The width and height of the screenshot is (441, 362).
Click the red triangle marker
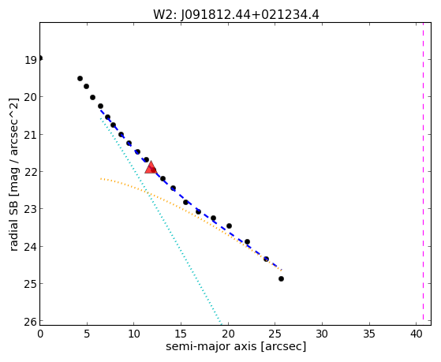[151, 167]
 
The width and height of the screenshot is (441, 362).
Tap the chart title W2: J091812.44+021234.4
[236, 15]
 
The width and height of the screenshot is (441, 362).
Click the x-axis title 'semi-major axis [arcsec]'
[236, 346]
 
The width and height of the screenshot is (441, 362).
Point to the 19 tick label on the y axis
[31, 60]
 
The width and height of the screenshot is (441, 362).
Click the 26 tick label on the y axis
[31, 322]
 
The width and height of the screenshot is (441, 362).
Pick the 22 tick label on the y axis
[31, 172]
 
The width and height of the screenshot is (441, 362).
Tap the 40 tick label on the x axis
[417, 334]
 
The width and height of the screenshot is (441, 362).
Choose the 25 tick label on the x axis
[275, 334]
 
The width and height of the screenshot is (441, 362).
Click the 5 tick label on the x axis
[87, 334]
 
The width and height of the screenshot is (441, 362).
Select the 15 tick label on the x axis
[181, 334]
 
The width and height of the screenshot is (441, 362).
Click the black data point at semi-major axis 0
[40, 58]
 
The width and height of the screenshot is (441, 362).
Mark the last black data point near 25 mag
[281, 278]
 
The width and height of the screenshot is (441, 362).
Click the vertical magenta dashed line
[423, 174]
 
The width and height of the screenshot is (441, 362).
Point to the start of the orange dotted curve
[101, 178]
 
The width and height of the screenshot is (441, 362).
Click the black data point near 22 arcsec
[247, 241]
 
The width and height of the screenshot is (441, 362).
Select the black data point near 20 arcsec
[229, 226]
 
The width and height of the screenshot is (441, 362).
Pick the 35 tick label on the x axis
[369, 334]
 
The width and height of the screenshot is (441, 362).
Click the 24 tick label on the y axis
[31, 247]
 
